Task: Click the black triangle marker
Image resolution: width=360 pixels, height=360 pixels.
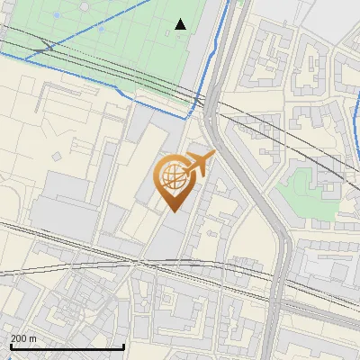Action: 181,24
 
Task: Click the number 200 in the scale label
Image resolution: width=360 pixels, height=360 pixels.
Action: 19,338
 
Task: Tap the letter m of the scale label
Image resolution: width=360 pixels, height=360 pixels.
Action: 33,338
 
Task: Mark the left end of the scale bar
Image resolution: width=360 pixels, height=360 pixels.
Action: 10,346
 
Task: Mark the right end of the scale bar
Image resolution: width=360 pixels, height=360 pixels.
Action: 123,346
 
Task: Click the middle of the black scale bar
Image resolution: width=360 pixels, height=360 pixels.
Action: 67,346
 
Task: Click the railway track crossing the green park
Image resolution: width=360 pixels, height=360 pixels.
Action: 108,66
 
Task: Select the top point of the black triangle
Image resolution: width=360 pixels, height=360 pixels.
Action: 181,19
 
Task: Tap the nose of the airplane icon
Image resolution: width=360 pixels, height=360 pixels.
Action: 214,154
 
